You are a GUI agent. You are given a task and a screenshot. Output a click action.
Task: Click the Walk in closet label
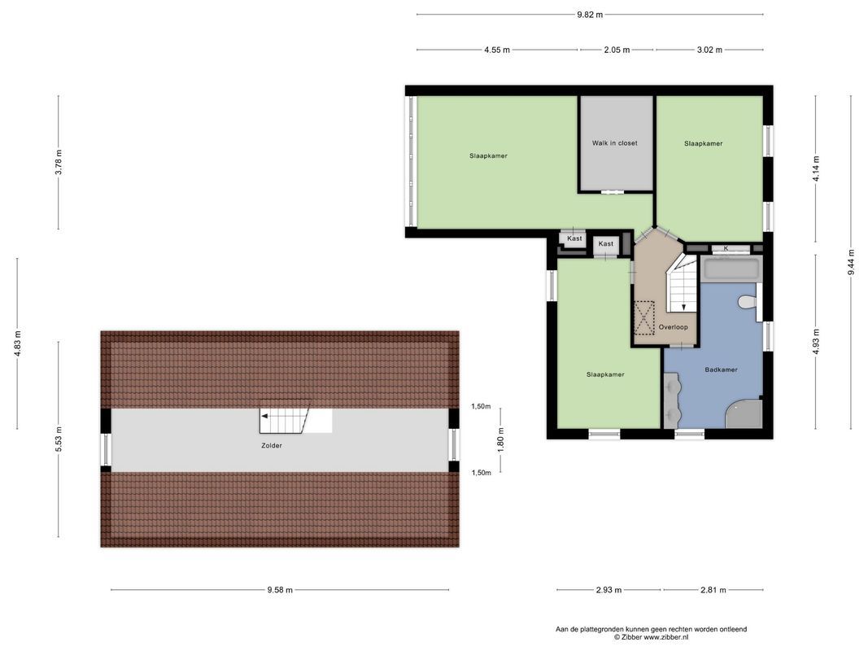click(x=614, y=143)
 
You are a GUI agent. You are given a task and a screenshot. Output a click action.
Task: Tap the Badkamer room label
click(x=721, y=369)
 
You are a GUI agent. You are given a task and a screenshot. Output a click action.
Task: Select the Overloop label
click(x=673, y=327)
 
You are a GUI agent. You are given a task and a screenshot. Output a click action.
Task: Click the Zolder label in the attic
click(x=272, y=445)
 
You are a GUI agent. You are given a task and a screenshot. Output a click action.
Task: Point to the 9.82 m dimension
click(x=590, y=15)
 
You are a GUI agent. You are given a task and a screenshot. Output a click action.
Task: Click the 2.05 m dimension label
click(x=617, y=50)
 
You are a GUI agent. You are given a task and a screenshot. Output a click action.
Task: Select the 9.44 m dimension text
click(x=851, y=262)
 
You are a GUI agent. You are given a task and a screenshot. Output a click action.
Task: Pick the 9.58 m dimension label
click(x=280, y=591)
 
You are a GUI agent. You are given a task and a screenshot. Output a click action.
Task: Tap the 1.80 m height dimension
click(x=501, y=439)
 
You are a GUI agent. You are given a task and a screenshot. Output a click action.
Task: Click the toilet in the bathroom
click(x=747, y=302)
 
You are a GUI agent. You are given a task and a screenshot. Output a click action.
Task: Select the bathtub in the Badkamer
click(x=731, y=269)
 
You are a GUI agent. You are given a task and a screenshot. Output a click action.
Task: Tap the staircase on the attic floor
click(x=285, y=422)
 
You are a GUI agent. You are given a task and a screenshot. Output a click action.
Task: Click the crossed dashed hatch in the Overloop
click(x=644, y=318)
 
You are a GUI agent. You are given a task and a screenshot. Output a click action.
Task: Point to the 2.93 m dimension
click(x=608, y=591)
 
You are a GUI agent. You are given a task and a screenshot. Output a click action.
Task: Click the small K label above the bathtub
click(x=726, y=248)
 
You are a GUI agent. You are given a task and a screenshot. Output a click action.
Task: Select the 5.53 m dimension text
click(x=59, y=440)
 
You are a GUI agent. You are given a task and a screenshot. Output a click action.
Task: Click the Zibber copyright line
click(x=651, y=637)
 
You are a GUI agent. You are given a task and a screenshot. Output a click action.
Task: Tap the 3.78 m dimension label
click(x=59, y=163)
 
